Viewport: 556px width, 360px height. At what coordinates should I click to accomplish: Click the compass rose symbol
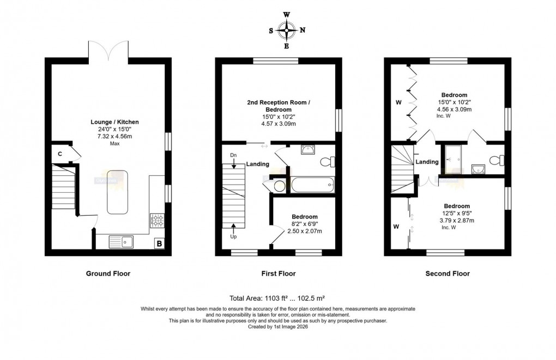(287, 30)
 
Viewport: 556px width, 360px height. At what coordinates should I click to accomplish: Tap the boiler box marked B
(159, 243)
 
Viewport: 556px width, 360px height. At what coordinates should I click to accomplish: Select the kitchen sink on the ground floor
(121, 241)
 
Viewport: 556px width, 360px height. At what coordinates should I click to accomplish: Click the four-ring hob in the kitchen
(158, 221)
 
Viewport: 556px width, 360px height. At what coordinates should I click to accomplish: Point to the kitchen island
(117, 192)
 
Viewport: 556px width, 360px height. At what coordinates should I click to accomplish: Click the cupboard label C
(59, 154)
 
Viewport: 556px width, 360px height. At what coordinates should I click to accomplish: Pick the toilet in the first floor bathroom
(328, 162)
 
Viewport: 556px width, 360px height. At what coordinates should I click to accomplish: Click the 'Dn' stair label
(233, 156)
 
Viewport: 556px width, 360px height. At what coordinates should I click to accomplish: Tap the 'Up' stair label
(234, 237)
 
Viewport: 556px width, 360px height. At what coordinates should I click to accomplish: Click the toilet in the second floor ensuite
(497, 160)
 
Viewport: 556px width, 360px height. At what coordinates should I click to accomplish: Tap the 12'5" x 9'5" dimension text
(457, 213)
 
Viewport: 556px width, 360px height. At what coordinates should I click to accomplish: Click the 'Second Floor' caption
(448, 273)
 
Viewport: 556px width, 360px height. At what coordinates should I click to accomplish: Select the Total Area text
(277, 298)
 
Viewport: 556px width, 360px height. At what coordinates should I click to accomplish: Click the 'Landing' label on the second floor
(427, 162)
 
